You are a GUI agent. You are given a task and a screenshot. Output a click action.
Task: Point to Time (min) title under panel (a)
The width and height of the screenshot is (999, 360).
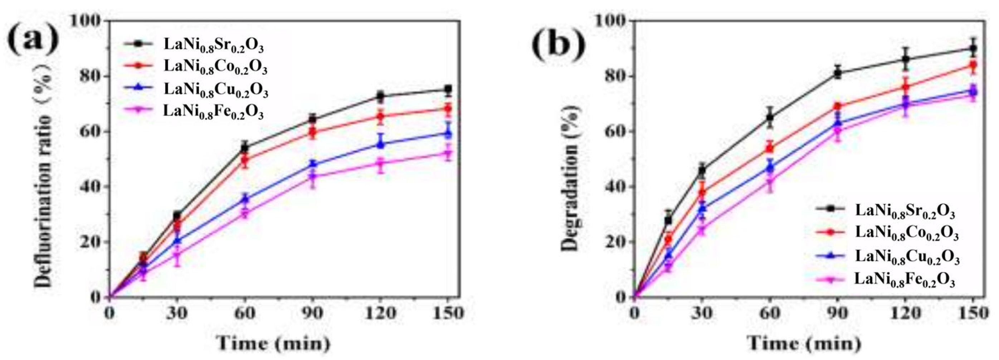[x=273, y=342]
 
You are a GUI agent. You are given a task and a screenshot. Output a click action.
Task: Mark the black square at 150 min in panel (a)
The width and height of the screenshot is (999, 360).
[x=448, y=89]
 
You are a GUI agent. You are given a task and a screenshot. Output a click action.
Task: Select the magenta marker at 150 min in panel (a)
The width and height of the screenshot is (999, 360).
[x=448, y=154]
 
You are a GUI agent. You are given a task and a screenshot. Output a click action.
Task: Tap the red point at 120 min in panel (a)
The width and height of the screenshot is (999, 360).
[x=380, y=116]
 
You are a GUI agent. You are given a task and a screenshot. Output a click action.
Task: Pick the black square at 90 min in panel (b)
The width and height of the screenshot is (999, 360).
[x=837, y=73]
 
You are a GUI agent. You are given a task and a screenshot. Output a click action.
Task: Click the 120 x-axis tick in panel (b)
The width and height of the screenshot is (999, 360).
[x=905, y=313]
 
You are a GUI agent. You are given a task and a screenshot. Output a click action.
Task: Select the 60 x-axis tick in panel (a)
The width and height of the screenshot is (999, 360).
[x=245, y=313]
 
